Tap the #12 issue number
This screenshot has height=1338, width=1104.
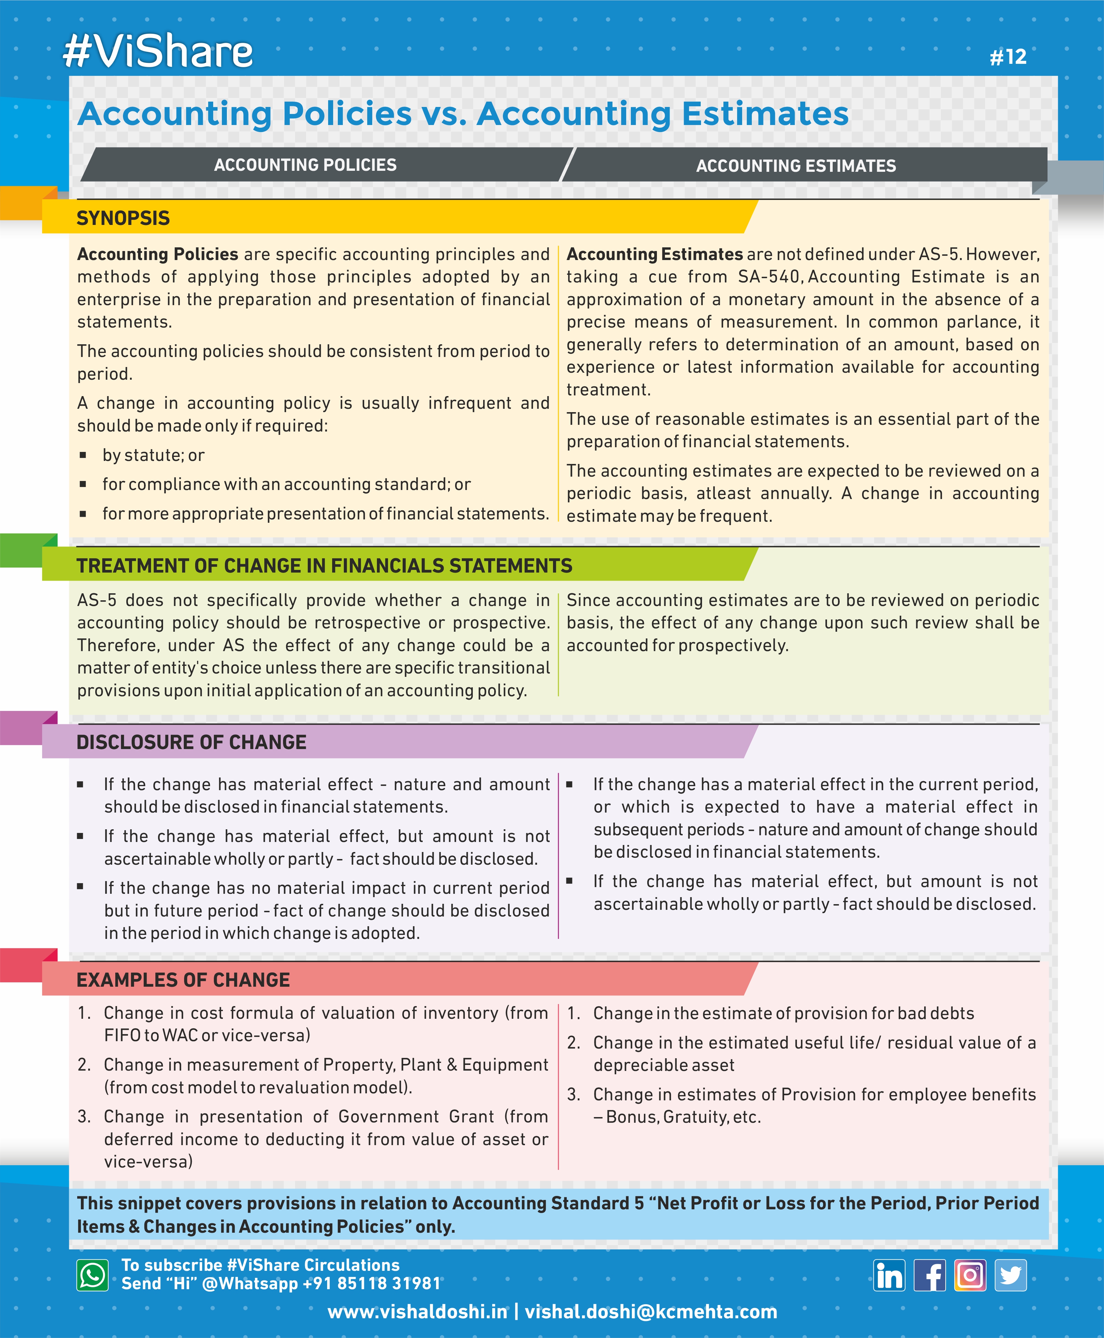coord(1008,56)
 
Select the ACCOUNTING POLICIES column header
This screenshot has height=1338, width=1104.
coord(305,165)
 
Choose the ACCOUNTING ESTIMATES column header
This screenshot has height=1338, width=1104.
coord(796,165)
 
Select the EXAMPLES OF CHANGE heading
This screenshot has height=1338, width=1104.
coord(183,980)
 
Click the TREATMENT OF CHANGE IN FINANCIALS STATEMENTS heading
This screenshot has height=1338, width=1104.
coord(324,566)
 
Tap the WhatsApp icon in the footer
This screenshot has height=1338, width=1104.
coord(93,1275)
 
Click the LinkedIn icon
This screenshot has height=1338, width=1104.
coord(889,1275)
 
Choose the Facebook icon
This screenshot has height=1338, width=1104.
coord(930,1275)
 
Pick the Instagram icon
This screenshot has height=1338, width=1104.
coord(970,1275)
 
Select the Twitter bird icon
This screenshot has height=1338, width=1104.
coord(1010,1275)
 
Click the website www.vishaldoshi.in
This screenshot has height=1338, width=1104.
coord(417,1312)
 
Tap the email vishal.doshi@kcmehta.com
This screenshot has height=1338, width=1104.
coord(651,1312)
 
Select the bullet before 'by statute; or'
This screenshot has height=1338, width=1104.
coord(83,455)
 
